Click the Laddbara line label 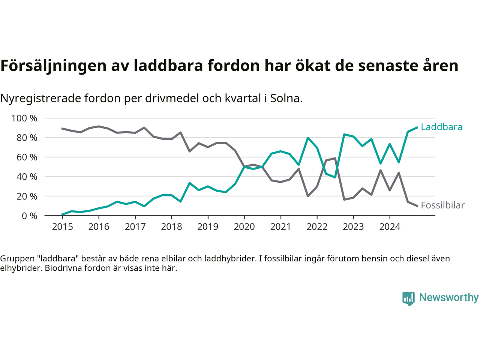pos(441,127)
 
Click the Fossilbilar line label pos(442,205)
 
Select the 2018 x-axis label pos(171,226)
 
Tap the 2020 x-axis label pos(244,226)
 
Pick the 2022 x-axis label pos(317,226)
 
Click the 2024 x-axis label pos(390,226)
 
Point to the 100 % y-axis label pos(24,118)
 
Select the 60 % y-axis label pos(27,157)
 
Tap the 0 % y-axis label pos(29,216)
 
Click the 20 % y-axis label pos(27,196)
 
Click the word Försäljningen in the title pos(53,66)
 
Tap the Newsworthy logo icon pos(408,298)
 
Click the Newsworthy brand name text pos(448,297)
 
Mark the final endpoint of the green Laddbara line pos(417,127)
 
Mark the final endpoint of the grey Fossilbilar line pos(417,206)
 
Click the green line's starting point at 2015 pos(62,214)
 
